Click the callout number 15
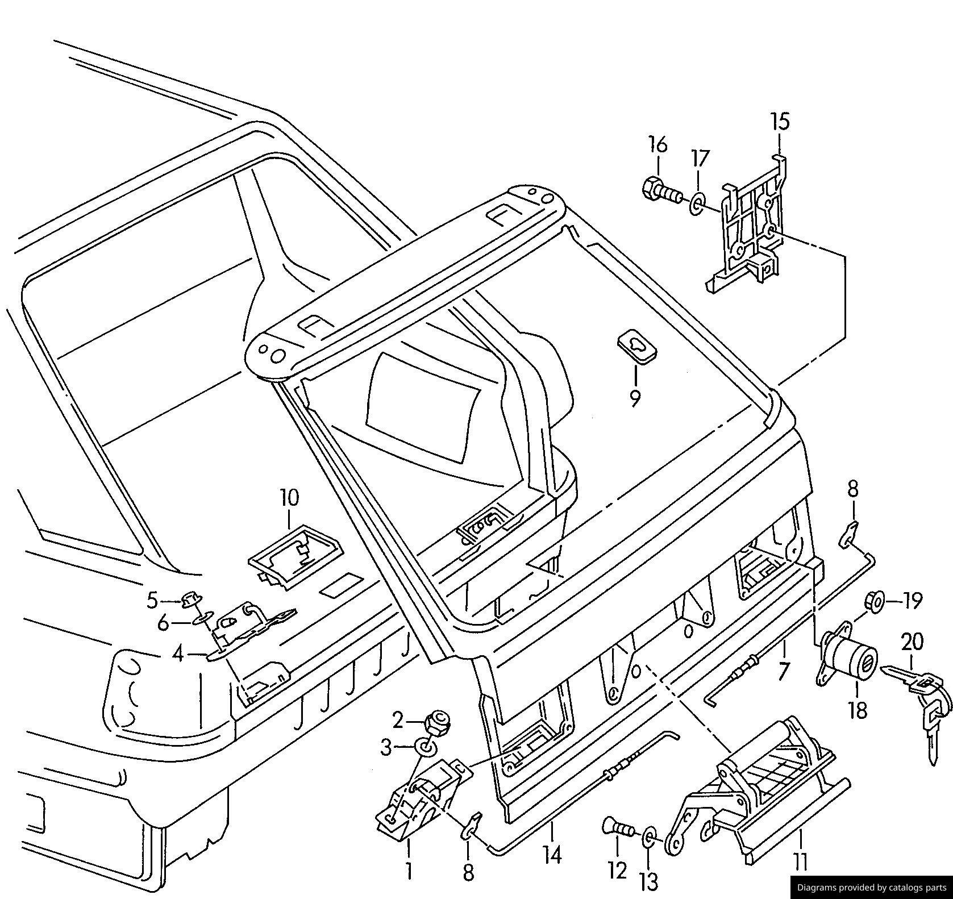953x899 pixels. (780, 122)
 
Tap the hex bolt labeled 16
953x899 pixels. (659, 190)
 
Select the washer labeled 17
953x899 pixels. (697, 202)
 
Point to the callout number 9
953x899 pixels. (635, 398)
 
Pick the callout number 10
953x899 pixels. (289, 498)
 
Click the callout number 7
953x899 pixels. (784, 672)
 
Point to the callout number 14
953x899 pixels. (552, 854)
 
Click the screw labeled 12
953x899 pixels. (619, 830)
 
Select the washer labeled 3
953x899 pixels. (425, 747)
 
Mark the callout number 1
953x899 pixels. (409, 871)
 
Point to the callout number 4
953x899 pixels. (178, 655)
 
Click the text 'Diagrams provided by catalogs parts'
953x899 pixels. (871, 888)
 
